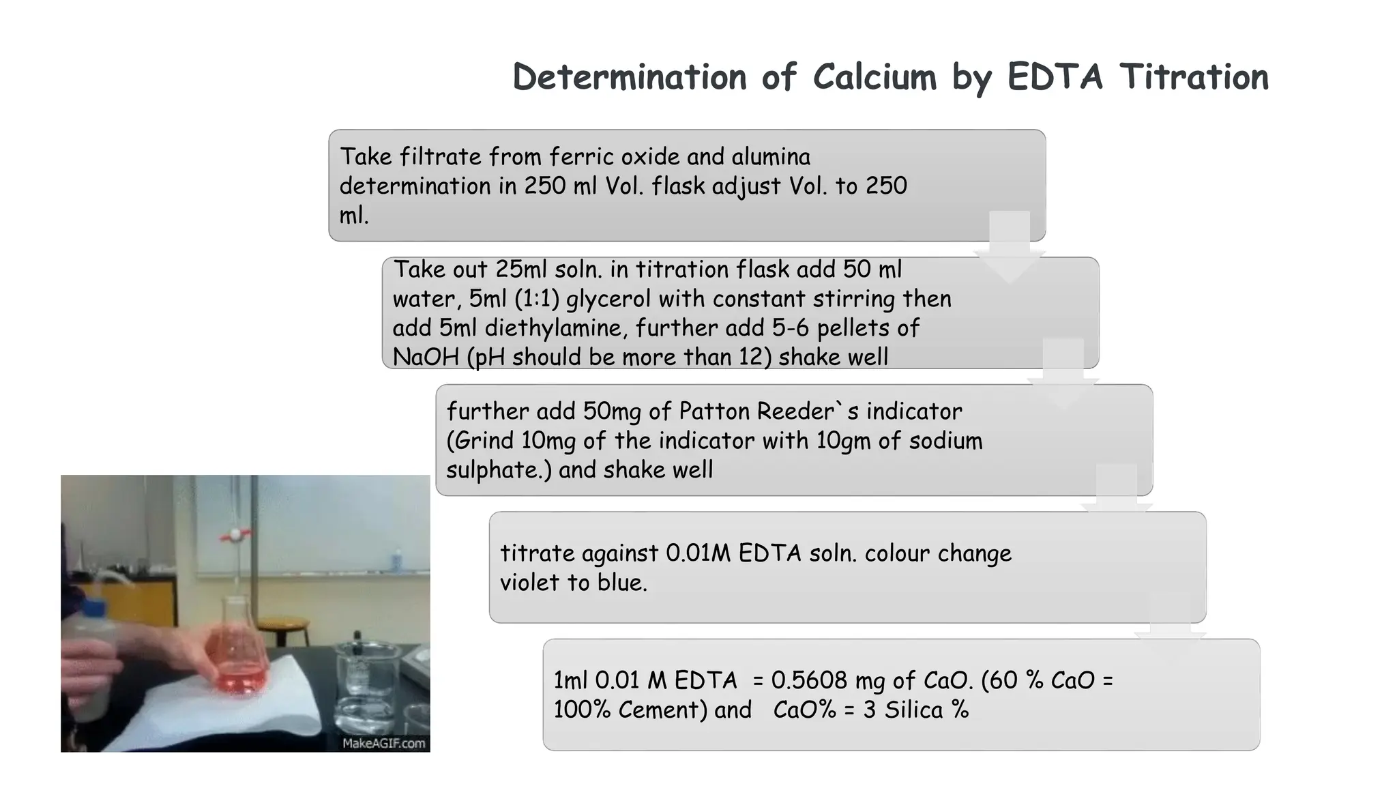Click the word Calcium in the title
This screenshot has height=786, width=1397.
(x=874, y=76)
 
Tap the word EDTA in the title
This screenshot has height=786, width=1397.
(x=1055, y=76)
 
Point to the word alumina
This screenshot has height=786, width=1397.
(x=771, y=157)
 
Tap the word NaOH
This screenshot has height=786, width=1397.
(x=426, y=357)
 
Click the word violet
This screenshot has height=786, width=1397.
(x=529, y=583)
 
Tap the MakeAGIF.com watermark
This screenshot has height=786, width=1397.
(x=383, y=743)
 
